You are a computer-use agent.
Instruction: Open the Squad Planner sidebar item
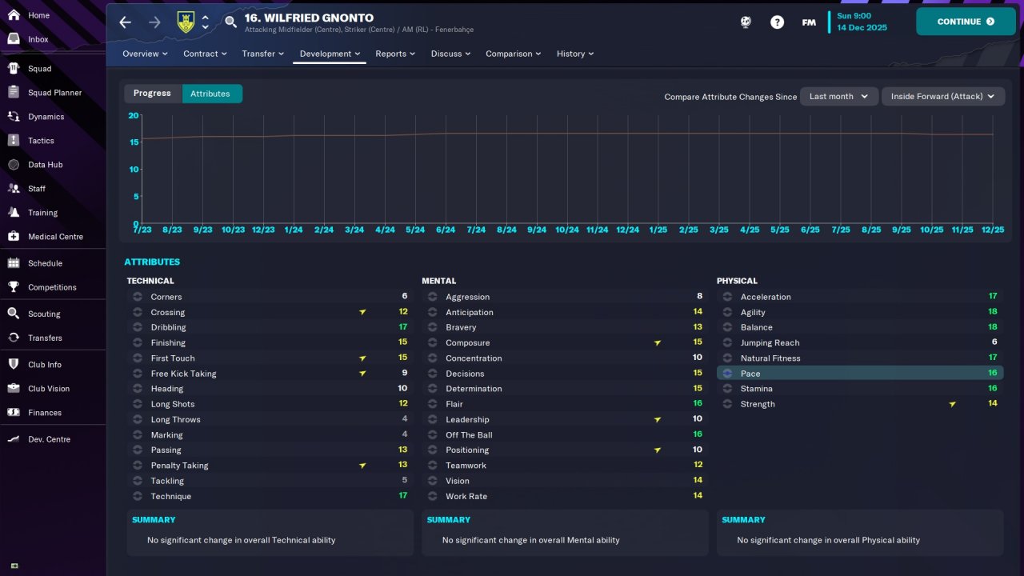point(54,93)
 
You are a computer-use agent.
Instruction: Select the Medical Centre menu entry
point(55,237)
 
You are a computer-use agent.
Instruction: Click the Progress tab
point(152,94)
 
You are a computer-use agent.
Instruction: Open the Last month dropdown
point(838,96)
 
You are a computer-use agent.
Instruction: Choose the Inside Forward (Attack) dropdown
point(942,96)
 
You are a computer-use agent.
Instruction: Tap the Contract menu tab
point(206,54)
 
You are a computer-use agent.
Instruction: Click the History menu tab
point(575,54)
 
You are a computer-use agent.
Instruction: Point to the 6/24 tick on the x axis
point(446,230)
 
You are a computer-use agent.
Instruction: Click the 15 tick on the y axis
point(134,142)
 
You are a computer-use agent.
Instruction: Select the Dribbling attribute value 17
point(403,327)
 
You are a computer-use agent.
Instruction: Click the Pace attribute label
point(750,374)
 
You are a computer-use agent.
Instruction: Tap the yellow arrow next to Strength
point(952,405)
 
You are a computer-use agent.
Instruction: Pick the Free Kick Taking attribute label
point(183,374)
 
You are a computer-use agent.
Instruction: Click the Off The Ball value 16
point(698,435)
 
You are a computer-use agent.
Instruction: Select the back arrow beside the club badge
point(125,22)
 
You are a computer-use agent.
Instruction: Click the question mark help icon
point(777,22)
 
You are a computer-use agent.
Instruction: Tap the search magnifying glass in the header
point(231,22)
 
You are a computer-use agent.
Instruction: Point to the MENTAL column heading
point(438,281)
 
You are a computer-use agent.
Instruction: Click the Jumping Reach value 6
point(994,342)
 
